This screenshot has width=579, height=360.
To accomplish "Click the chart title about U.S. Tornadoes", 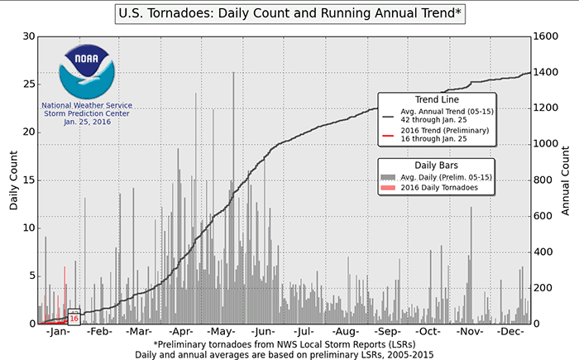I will [289, 14].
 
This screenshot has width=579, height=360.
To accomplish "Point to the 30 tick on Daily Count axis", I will [28, 36].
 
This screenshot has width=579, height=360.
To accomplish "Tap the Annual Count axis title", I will [567, 180].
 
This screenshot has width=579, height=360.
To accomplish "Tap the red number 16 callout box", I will [74, 319].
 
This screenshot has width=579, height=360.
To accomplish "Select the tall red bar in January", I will [65, 294].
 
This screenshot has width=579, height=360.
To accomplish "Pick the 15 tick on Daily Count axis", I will [28, 180].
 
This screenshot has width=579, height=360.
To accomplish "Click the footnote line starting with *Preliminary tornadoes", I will [289, 343].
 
